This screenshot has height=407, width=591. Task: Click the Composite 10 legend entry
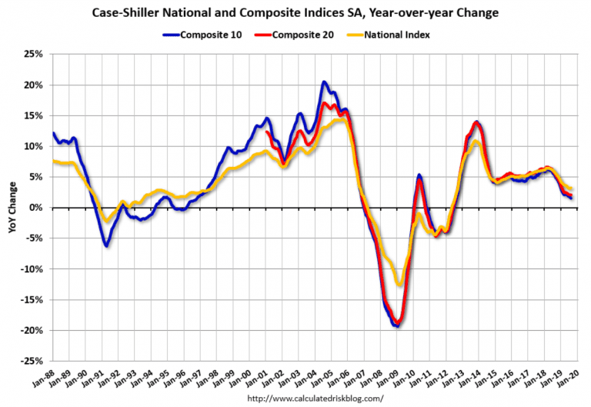(207, 34)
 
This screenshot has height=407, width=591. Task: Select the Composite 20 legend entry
(301, 34)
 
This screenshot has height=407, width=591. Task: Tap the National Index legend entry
(396, 34)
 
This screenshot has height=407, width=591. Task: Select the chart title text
(295, 14)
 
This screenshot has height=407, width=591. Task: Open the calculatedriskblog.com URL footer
(315, 399)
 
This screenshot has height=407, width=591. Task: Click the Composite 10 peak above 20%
(324, 82)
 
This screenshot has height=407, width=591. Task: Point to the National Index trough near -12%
(399, 284)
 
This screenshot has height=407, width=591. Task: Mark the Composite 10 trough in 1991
(106, 245)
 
